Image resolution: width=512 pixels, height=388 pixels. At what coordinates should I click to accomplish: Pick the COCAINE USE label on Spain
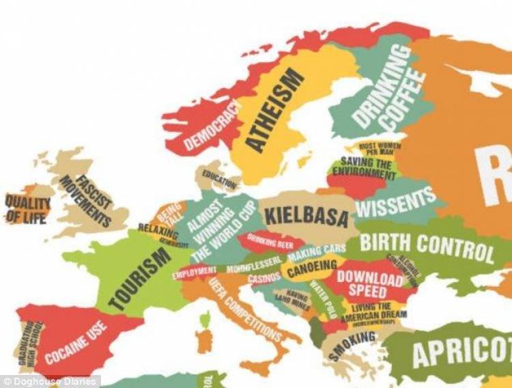[x=76, y=342]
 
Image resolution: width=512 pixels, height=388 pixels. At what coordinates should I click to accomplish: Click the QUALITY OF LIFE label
[x=27, y=209]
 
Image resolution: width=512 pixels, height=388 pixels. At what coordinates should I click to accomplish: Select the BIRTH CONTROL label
[x=426, y=247]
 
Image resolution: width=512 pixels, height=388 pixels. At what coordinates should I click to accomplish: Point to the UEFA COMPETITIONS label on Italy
[x=244, y=309]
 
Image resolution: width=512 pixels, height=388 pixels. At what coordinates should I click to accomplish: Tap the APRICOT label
[x=461, y=352]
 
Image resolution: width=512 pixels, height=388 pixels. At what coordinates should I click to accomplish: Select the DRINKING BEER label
[x=270, y=240]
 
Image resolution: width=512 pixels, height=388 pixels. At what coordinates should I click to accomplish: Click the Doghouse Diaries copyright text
[x=50, y=381]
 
